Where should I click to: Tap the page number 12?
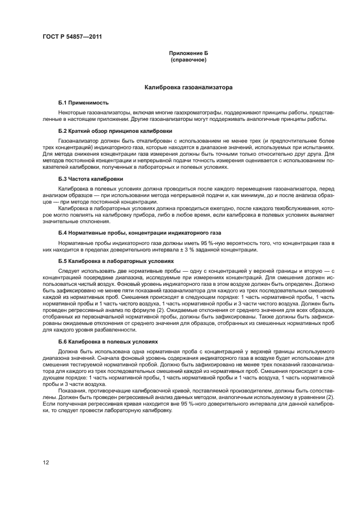[45, 462]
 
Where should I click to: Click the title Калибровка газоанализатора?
[188, 87]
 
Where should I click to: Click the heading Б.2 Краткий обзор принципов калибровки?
[115, 131]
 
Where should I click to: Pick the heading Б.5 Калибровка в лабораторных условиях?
[112, 261]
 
